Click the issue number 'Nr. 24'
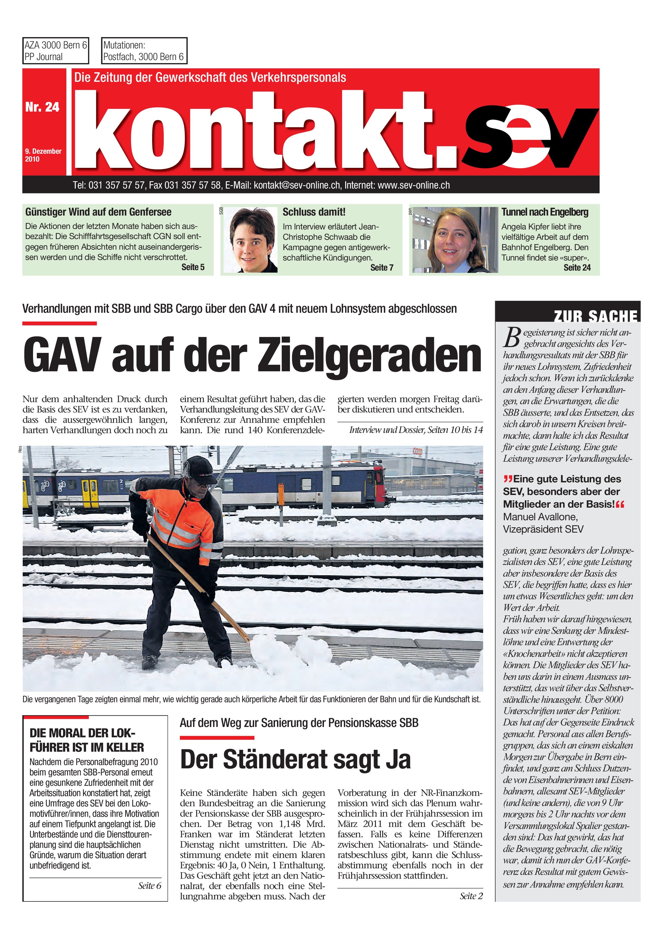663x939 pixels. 42,107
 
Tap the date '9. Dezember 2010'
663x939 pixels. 43,155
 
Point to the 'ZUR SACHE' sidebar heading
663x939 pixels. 595,316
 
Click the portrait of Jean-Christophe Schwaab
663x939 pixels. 251,240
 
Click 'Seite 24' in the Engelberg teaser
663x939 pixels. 577,268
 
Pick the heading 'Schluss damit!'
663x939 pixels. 314,212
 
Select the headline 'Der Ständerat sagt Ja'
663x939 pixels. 295,760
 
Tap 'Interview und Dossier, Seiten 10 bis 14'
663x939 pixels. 416,430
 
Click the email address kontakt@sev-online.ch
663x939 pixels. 297,185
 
